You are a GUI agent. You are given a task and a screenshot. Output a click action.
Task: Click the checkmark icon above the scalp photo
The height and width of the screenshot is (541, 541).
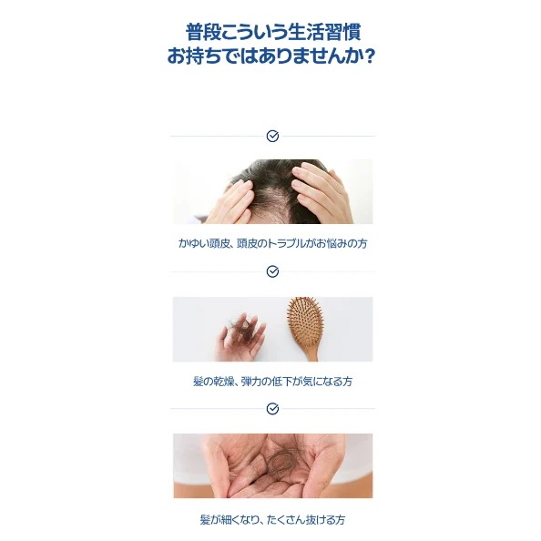coord(272,136)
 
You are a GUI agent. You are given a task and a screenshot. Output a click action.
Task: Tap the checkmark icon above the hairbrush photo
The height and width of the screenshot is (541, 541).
coord(272,271)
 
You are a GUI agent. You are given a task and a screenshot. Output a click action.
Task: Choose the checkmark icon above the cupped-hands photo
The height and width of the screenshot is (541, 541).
coord(272,408)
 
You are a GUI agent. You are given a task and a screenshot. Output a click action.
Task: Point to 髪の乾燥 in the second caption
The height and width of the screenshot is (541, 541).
coord(212,382)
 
